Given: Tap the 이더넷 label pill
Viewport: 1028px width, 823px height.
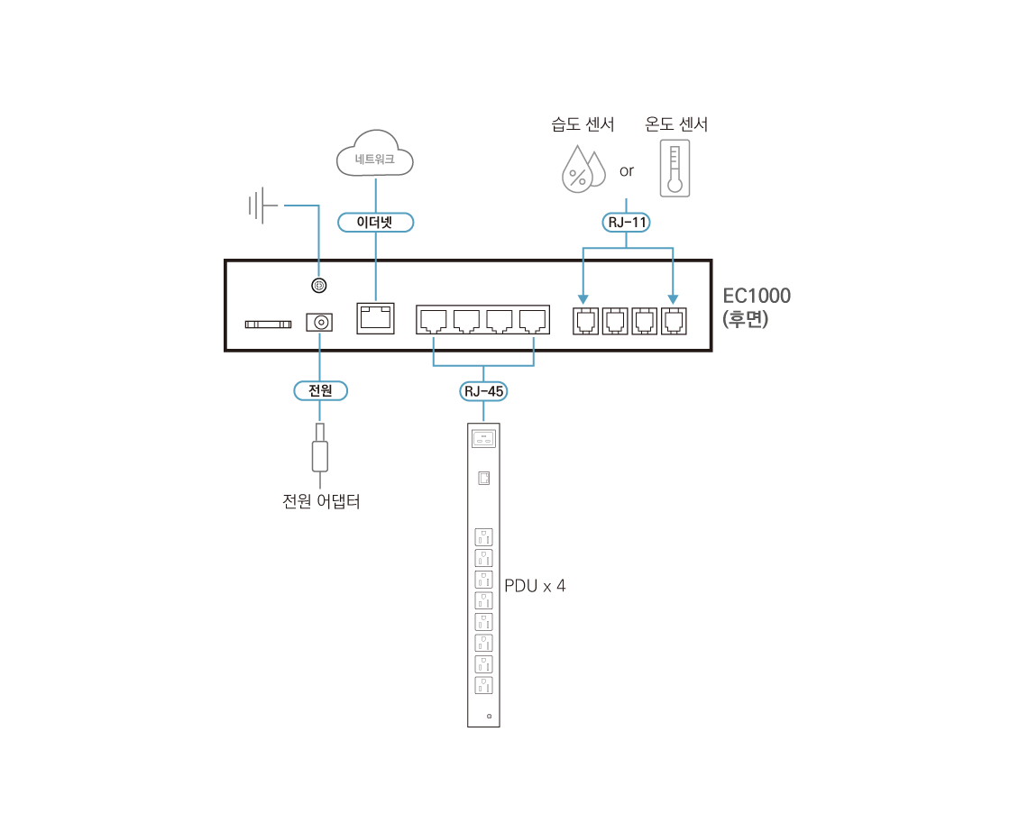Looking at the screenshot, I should click(x=374, y=222).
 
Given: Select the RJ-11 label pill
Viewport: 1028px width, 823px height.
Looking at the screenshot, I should click(x=626, y=222).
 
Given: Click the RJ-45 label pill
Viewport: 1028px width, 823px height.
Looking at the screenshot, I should click(x=483, y=391).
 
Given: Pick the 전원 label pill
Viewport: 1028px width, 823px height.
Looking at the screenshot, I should click(x=320, y=391).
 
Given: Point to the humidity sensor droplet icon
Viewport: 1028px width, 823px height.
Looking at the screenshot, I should click(x=582, y=169).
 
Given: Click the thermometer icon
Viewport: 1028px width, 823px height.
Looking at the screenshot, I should click(x=674, y=168).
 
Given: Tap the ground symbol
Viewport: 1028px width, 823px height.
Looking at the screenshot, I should click(x=262, y=206).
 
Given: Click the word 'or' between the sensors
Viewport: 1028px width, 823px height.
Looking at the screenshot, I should click(x=627, y=169).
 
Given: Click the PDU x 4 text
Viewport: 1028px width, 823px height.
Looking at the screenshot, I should click(x=536, y=586).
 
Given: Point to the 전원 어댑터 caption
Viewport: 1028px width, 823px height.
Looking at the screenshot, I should click(x=321, y=501).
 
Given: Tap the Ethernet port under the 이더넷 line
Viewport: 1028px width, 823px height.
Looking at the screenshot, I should click(x=375, y=317).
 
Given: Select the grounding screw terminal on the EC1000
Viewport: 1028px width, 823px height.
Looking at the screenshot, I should click(x=318, y=286).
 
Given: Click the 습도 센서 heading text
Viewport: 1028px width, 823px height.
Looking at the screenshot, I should click(x=583, y=124).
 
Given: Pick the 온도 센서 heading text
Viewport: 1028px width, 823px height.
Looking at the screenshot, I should click(x=676, y=124).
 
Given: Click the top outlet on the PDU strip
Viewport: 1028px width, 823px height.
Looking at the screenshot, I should click(x=483, y=536).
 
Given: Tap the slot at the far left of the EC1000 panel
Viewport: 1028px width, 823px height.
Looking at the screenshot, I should click(x=268, y=323).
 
